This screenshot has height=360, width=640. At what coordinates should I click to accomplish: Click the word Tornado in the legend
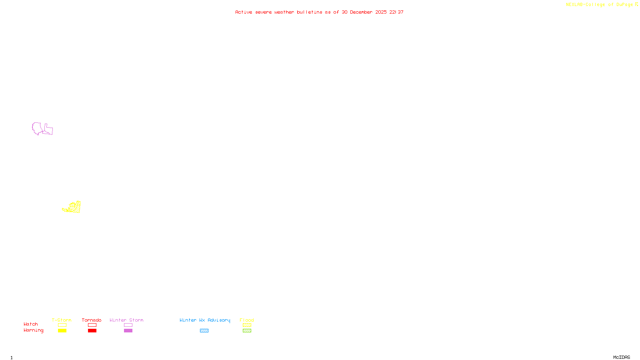[92, 320]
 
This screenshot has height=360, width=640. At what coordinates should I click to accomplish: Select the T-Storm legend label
[62, 320]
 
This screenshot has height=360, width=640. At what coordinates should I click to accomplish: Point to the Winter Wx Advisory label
[205, 320]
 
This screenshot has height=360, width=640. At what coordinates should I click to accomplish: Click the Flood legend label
[247, 320]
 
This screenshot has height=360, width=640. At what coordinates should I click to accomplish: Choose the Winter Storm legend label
[126, 320]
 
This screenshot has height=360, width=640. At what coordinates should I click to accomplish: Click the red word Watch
[31, 324]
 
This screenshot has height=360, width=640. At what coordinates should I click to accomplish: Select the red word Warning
[34, 330]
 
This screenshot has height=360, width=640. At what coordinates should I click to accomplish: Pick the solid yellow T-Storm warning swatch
[62, 331]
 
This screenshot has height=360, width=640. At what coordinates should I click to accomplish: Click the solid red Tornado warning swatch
[92, 331]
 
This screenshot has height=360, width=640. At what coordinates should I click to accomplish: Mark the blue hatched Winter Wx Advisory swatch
[204, 331]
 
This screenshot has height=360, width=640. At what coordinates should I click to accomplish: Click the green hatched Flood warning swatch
[247, 331]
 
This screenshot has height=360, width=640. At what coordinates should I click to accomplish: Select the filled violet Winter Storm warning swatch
[128, 331]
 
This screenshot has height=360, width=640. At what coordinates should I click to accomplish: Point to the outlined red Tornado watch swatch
[92, 325]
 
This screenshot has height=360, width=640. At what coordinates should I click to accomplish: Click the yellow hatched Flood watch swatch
[247, 325]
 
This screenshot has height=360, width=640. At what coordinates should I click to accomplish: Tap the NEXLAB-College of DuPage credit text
[599, 5]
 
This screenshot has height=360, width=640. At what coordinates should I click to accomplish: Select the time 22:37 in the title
[396, 12]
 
